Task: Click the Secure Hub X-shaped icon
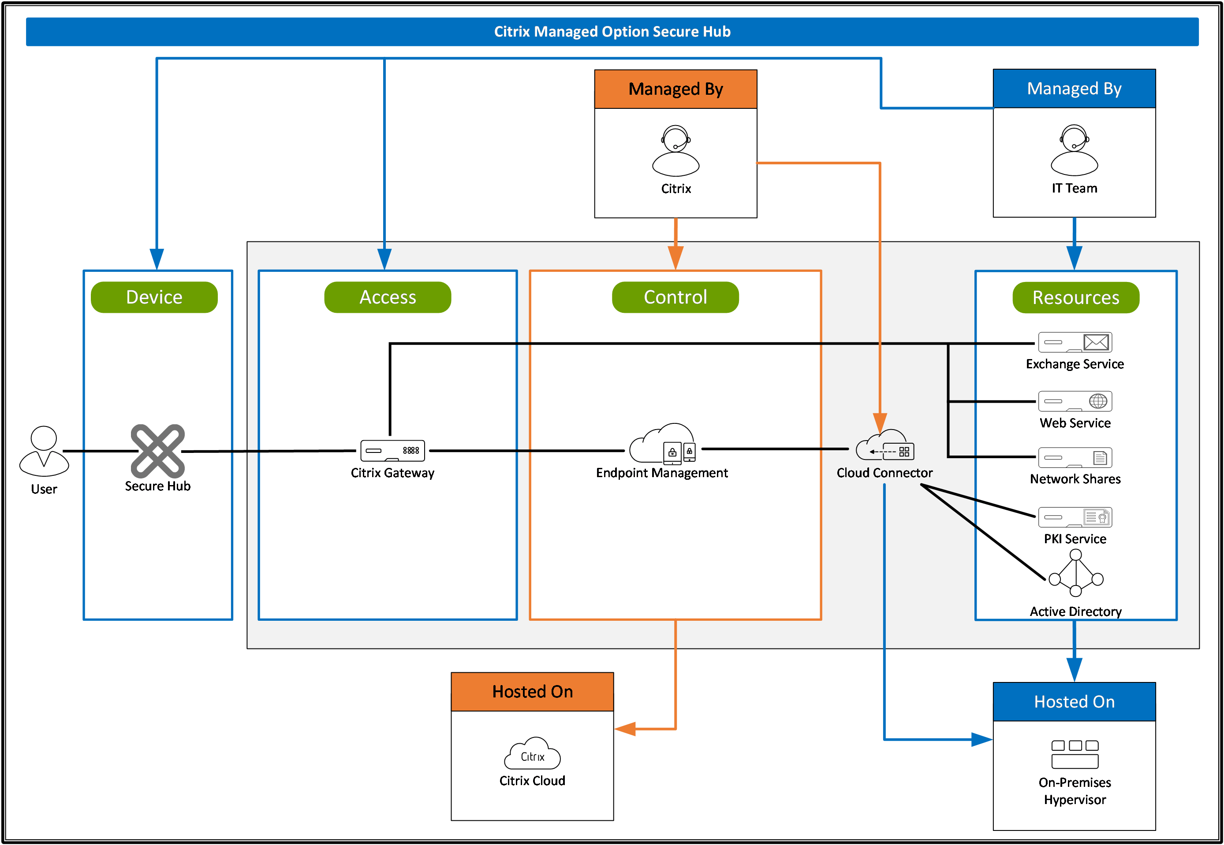[158, 451]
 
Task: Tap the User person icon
[44, 451]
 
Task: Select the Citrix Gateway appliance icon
[392, 451]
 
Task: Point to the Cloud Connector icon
[885, 445]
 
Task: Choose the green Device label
[154, 297]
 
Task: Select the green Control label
[675, 297]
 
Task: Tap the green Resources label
[1076, 297]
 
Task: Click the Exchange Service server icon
[1075, 342]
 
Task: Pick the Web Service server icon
[1075, 401]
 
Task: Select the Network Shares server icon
[1075, 457]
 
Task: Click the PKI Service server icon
[1075, 517]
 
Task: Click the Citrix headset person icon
[675, 151]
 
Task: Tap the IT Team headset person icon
[1074, 150]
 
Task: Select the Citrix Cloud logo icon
[532, 753]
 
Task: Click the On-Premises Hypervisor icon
[1075, 754]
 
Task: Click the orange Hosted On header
[532, 691]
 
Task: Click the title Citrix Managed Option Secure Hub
[612, 32]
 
